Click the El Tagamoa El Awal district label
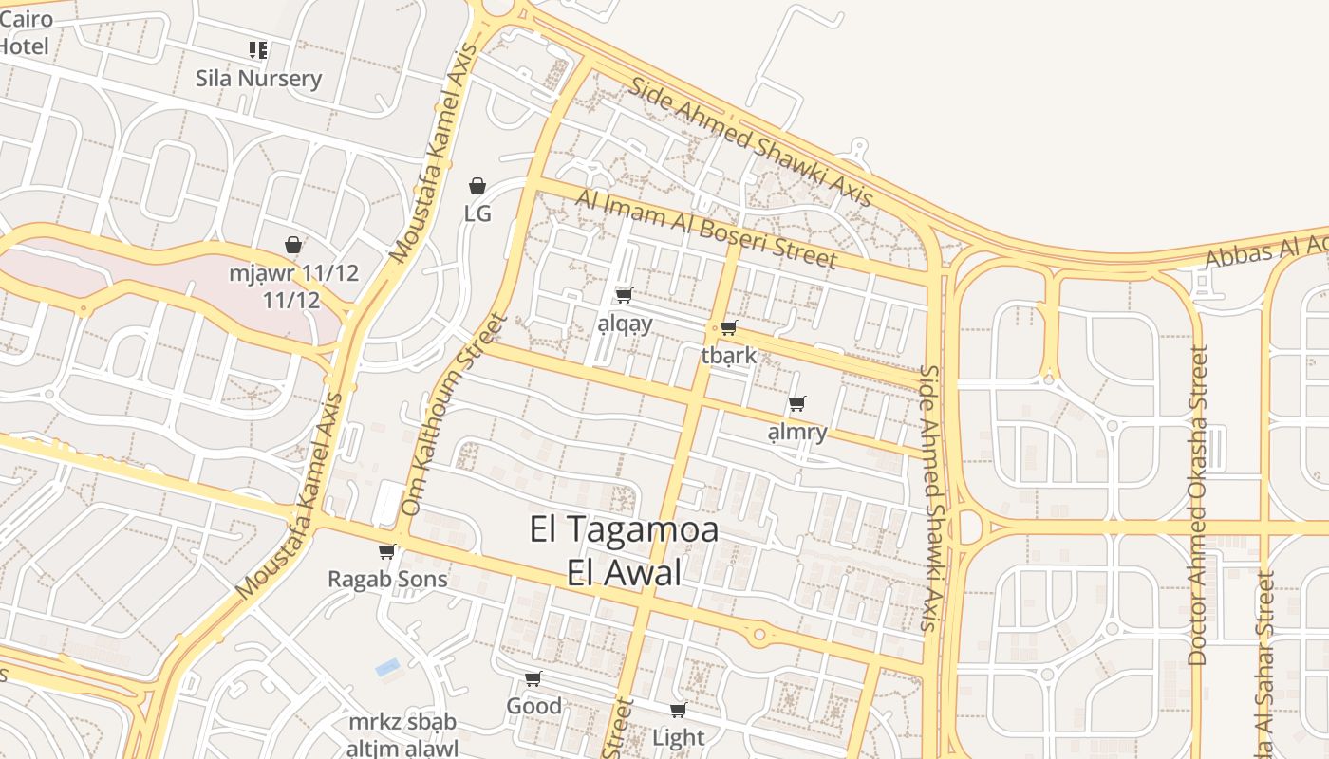click(624, 551)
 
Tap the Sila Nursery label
click(258, 79)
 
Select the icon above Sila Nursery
click(258, 49)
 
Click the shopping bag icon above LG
click(477, 186)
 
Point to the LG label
click(477, 213)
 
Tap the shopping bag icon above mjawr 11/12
click(294, 245)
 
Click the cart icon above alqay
click(624, 296)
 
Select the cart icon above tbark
click(728, 328)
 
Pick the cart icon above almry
click(797, 404)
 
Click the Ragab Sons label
click(387, 579)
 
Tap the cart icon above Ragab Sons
click(386, 551)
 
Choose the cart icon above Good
click(533, 678)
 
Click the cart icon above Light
click(678, 710)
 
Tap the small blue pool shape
click(387, 667)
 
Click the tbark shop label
click(729, 356)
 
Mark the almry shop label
click(797, 433)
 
